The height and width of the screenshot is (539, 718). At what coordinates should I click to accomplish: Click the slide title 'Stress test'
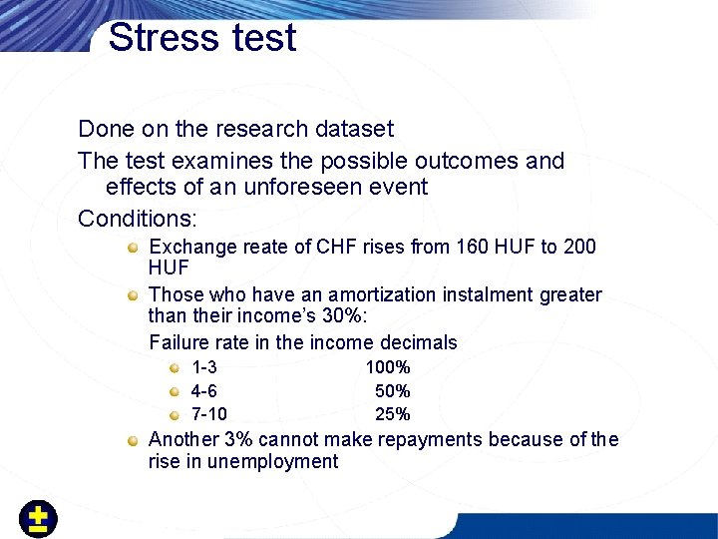pos(202,38)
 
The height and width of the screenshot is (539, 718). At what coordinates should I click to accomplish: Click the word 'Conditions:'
pos(138,218)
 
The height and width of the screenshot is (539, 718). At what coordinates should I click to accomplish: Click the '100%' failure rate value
pos(388,368)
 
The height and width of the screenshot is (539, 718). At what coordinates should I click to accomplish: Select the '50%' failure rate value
pos(392,391)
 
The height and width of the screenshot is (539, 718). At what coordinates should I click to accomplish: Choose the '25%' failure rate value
pos(392,414)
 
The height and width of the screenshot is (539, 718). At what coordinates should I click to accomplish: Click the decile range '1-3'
pos(204,368)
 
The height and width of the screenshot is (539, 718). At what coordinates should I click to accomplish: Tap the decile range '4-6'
pos(204,391)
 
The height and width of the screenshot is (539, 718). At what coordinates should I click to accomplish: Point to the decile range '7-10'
pos(208,414)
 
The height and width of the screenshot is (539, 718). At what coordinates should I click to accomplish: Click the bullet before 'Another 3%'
pos(133,440)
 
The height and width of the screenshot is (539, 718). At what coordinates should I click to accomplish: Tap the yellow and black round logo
pos(38,518)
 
